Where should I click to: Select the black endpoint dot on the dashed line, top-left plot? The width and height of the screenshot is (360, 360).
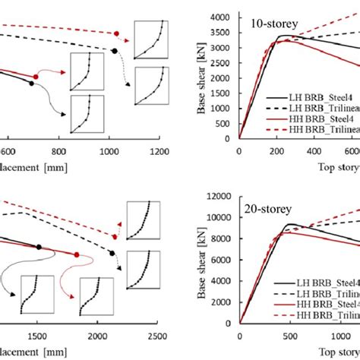click(x=113, y=51)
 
